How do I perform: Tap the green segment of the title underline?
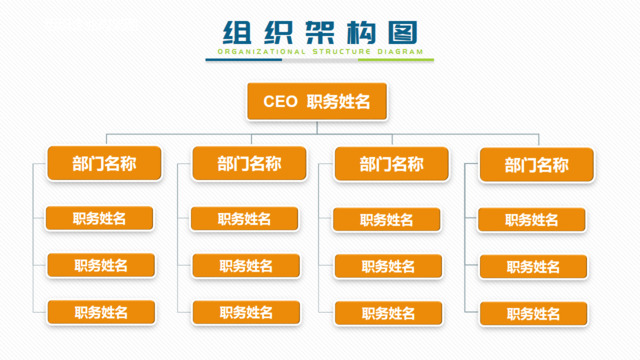click(396, 60)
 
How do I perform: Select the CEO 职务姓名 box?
click(317, 101)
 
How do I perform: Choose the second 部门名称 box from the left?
click(236, 164)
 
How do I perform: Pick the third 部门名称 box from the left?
click(378, 165)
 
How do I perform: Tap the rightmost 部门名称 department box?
click(536, 166)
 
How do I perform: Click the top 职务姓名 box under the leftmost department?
click(100, 218)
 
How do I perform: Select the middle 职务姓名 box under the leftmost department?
click(101, 265)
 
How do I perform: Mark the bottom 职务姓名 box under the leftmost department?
click(101, 312)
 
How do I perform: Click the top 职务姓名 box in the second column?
click(245, 219)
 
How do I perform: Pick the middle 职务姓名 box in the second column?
click(246, 266)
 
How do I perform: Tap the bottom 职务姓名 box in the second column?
click(246, 313)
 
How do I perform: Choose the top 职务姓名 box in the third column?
click(387, 220)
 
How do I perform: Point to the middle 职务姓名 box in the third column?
click(388, 267)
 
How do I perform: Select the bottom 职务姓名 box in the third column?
click(388, 314)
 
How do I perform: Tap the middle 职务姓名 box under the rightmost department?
click(533, 267)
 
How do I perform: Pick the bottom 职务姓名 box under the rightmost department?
click(533, 314)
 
